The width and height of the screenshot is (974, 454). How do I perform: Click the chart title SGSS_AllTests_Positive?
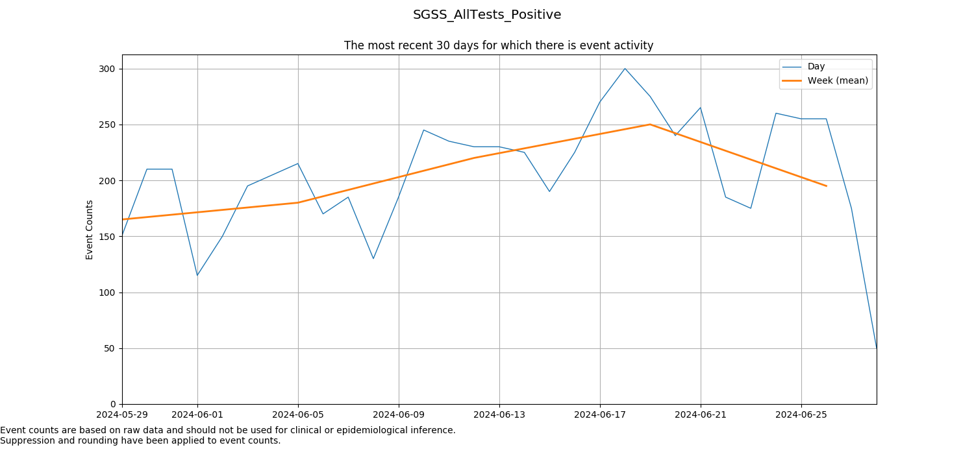pos(487,15)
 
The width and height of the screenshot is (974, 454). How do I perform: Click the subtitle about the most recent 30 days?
pos(499,45)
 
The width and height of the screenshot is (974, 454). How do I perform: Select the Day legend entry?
pos(816,67)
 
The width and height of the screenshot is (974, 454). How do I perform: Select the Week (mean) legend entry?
pos(838,81)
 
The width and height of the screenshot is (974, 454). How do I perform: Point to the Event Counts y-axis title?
pos(90,230)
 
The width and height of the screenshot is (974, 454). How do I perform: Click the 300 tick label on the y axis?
pos(107,69)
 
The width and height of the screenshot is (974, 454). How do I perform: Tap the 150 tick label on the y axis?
pos(107,237)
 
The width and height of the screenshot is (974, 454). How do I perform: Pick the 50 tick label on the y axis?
pos(110,348)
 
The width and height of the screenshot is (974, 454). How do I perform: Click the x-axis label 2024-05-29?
pos(122,414)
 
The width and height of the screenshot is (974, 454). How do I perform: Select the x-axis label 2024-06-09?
pos(399,414)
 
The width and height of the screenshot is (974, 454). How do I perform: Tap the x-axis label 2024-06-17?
pos(600,414)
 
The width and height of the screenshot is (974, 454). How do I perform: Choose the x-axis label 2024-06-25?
pos(801,414)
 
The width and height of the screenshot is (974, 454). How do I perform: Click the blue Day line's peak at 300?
pos(625,69)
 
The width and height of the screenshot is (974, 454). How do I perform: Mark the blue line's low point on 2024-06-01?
pos(197,275)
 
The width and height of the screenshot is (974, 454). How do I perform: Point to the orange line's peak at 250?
pos(650,125)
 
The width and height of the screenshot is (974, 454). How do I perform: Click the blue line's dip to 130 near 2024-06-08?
pos(373,258)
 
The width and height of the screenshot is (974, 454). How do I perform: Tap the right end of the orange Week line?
pos(826,186)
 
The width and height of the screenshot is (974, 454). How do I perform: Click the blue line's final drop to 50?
pos(876,348)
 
